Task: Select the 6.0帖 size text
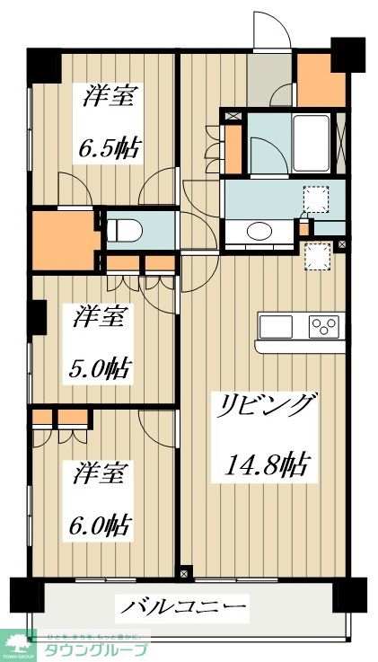tap(100, 523)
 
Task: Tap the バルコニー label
tap(185, 609)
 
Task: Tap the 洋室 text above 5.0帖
tap(100, 317)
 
